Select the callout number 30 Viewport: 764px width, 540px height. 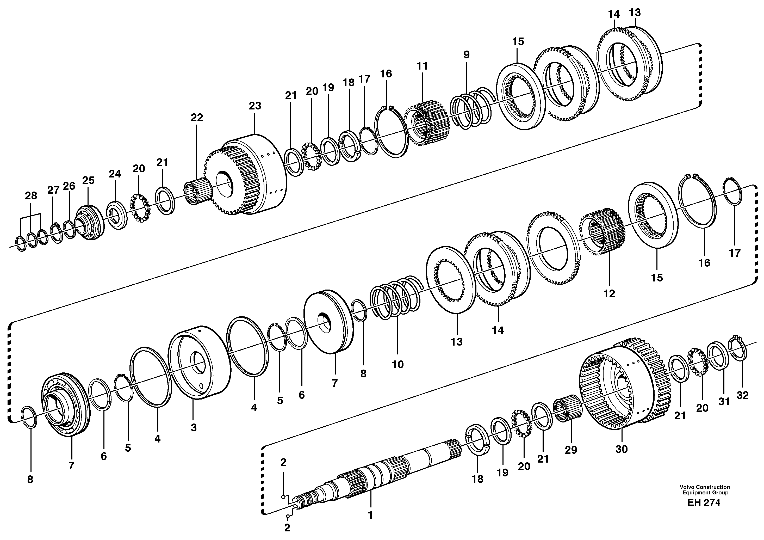[621, 449]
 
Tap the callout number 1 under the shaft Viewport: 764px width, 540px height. [370, 515]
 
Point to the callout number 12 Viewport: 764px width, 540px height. [609, 294]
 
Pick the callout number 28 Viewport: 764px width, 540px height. [31, 196]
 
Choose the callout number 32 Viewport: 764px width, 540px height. [742, 395]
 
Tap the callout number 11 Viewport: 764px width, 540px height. [422, 66]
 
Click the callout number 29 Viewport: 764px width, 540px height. [571, 450]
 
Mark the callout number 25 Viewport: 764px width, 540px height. [89, 180]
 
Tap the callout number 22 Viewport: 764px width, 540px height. [197, 118]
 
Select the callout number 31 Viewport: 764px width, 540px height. [724, 402]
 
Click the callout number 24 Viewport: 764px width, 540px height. [115, 174]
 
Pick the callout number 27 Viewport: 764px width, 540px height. [53, 190]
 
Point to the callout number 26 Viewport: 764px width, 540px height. [69, 186]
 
